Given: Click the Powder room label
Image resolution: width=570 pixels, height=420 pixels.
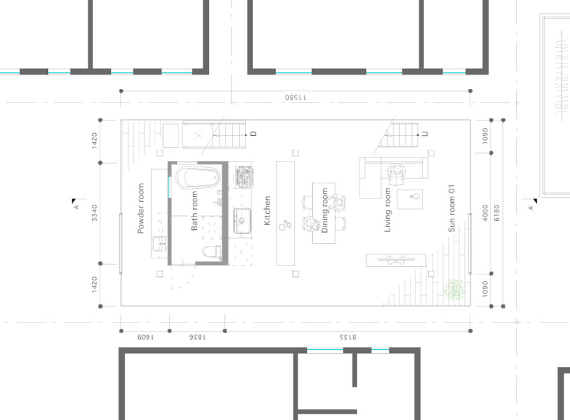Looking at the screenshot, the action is (x=141, y=208).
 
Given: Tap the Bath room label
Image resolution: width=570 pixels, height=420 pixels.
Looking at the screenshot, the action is (x=194, y=211).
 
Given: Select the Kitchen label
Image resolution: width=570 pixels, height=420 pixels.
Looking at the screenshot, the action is (x=267, y=211).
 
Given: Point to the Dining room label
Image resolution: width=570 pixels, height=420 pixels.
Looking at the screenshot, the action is (x=325, y=210).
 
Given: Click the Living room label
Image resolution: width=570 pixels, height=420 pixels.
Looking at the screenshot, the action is (x=387, y=210).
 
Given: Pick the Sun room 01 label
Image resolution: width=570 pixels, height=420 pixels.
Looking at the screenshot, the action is (x=452, y=208).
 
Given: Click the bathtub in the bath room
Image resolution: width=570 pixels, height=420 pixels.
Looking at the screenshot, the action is (x=198, y=178).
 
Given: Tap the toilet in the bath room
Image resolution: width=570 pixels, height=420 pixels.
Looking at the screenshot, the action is (x=212, y=252).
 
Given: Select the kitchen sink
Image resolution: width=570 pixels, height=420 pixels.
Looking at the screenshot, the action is (x=242, y=221).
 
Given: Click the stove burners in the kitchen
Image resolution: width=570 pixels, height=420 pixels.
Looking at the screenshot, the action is (x=244, y=177).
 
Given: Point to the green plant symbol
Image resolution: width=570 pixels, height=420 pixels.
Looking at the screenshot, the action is (x=454, y=290).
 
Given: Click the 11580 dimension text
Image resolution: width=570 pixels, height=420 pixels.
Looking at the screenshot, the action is (x=295, y=98).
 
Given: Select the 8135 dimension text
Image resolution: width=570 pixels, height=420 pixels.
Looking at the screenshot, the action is (x=348, y=337).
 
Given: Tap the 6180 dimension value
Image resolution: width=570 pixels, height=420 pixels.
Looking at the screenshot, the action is (x=497, y=213).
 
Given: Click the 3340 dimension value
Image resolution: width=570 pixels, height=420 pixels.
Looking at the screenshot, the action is (x=95, y=213).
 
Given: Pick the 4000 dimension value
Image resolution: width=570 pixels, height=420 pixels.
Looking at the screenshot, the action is (x=485, y=213).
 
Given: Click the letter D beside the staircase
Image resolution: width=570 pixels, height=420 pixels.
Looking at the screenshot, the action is (x=254, y=133).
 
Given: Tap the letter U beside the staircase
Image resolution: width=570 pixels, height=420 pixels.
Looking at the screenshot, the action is (x=425, y=133).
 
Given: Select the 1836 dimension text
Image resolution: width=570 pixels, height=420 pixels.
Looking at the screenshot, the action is (x=197, y=337).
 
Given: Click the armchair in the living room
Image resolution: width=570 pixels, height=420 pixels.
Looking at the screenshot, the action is (x=396, y=174).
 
